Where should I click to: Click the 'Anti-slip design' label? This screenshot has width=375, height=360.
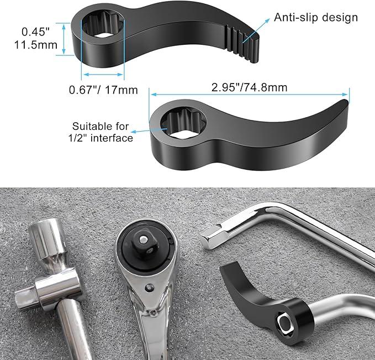click(x=316, y=17)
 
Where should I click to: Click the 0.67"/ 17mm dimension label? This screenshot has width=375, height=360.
click(x=103, y=89)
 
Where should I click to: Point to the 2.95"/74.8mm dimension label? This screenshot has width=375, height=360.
click(x=249, y=87)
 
